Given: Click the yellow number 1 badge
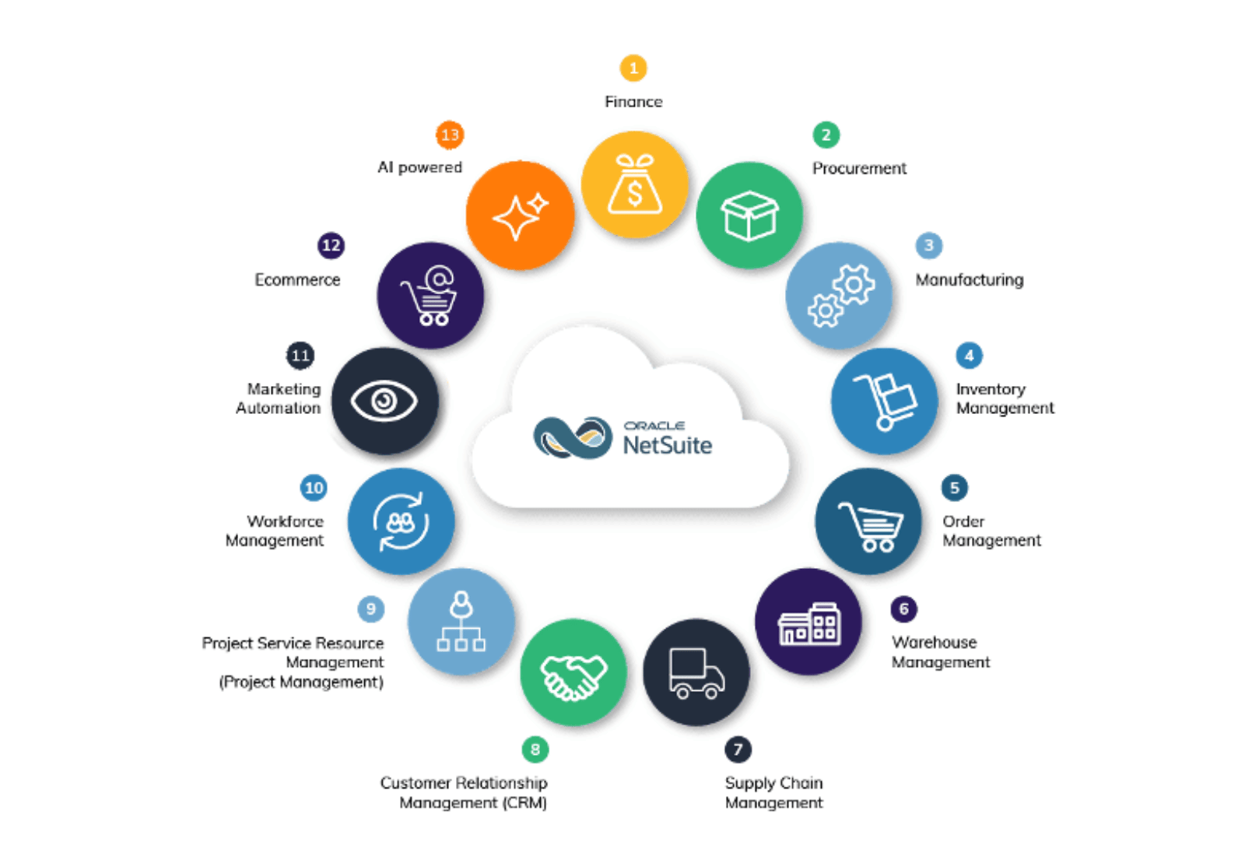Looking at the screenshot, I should coord(633,68).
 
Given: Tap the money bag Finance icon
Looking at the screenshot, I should coord(635,185).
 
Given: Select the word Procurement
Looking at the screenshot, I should coord(859,168).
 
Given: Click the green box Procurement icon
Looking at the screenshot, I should coord(749,216).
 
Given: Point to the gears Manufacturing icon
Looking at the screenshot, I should coord(840,296).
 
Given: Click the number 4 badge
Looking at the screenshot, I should coord(969,356).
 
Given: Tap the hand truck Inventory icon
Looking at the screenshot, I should coord(885,401).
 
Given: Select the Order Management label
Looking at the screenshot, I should coord(991,531).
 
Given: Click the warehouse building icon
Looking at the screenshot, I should coord(808,623).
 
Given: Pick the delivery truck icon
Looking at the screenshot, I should coord(696,673).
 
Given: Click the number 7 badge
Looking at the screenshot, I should coord(738,749).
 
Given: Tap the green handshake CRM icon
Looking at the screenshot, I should coord(573,673).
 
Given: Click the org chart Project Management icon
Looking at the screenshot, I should coord(461,622).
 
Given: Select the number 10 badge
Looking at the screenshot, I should coord(314,488).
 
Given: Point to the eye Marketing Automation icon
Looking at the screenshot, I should coord(384,401).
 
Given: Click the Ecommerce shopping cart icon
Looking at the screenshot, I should coord(430,296).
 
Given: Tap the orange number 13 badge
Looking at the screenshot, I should coord(450,135).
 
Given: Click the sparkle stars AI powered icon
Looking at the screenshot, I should coord(520,216).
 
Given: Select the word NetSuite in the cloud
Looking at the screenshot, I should coord(667,445).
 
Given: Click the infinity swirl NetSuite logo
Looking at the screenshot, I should coord(573,437).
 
